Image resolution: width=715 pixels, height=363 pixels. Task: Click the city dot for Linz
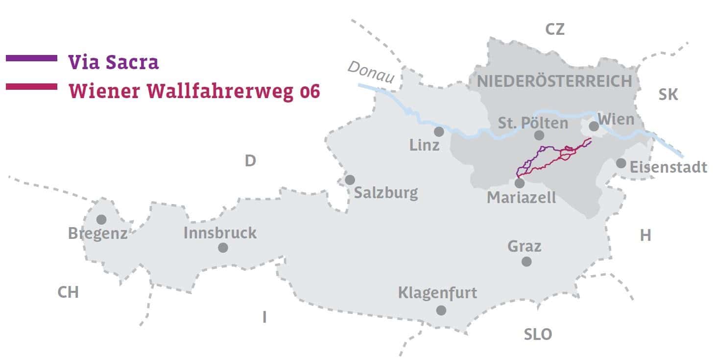click(x=439, y=131)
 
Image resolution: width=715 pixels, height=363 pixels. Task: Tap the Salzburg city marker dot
click(x=350, y=180)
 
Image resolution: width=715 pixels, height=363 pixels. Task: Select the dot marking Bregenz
click(x=101, y=219)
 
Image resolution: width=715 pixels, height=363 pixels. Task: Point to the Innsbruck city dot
click(x=223, y=248)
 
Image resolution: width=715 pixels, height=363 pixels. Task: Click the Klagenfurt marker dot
click(x=441, y=310)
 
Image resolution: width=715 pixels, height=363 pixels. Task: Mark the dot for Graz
click(x=526, y=261)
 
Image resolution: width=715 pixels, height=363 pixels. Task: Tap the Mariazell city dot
click(x=520, y=183)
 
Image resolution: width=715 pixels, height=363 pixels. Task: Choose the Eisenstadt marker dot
click(x=621, y=163)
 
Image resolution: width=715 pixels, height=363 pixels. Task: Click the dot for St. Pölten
click(x=539, y=135)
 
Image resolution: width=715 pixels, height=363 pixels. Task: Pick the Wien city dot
click(x=594, y=126)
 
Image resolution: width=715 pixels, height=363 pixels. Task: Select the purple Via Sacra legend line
click(x=31, y=58)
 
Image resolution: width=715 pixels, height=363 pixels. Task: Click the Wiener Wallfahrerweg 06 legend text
click(x=194, y=92)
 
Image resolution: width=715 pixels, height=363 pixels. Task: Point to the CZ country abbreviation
click(x=555, y=29)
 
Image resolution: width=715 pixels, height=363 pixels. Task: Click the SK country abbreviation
click(x=668, y=94)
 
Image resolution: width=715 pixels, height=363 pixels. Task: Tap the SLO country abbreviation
click(x=538, y=335)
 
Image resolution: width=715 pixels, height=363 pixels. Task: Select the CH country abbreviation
click(x=68, y=292)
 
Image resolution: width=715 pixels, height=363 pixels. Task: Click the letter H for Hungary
click(x=645, y=235)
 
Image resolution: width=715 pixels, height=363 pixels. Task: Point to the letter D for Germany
click(x=250, y=161)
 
